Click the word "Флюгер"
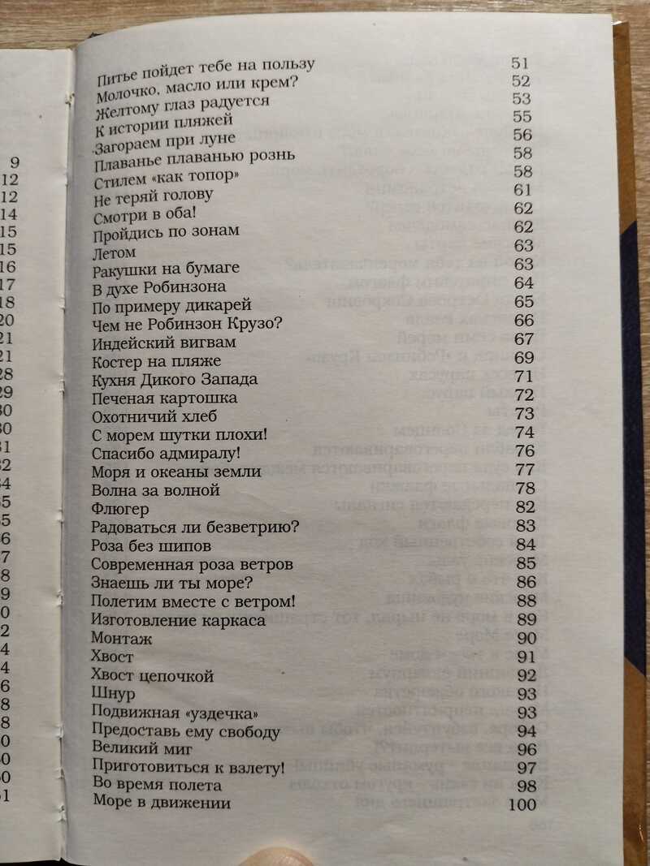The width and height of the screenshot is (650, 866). click(120, 509)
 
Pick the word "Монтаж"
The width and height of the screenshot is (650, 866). click(122, 638)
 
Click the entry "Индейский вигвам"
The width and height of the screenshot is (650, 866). click(152, 343)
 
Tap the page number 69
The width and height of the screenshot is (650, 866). click(524, 357)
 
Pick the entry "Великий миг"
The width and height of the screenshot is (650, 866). click(134, 748)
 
